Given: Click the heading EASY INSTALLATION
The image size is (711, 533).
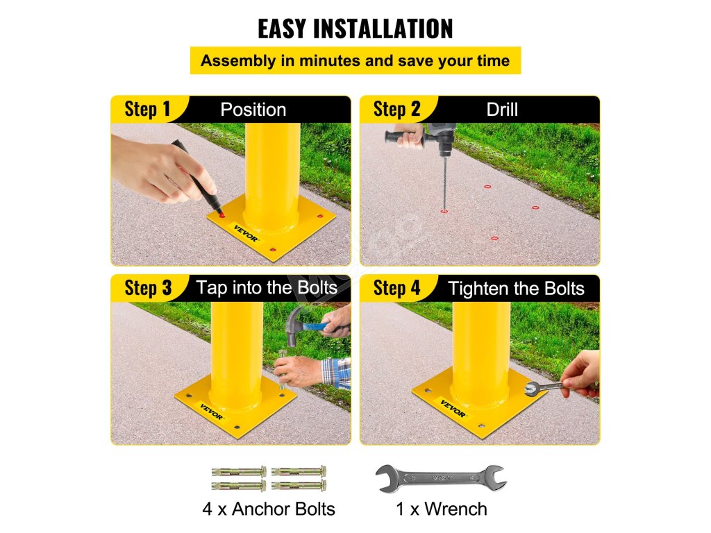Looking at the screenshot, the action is (355, 28).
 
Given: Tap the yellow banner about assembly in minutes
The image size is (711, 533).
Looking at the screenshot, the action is (355, 60).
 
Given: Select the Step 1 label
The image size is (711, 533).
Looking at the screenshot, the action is (147, 109).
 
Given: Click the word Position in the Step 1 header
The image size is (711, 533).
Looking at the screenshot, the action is (253, 110).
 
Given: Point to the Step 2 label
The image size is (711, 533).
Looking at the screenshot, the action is (396, 109).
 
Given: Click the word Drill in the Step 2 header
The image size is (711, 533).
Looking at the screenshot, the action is (502, 110).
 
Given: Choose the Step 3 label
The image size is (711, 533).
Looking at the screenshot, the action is (149, 288).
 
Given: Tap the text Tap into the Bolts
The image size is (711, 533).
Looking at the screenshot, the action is (267, 288).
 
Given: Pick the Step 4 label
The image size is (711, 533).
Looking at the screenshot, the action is (396, 288).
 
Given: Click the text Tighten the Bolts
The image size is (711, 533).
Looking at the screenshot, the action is (516, 289).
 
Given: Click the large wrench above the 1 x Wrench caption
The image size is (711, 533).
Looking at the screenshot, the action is (441, 479).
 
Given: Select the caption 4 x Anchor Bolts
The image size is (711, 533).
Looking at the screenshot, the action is (269, 509).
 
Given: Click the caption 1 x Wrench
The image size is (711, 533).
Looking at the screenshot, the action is (441, 509).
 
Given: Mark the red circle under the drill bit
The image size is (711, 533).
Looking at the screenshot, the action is (444, 211).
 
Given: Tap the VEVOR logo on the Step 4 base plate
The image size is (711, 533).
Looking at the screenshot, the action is (453, 408).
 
